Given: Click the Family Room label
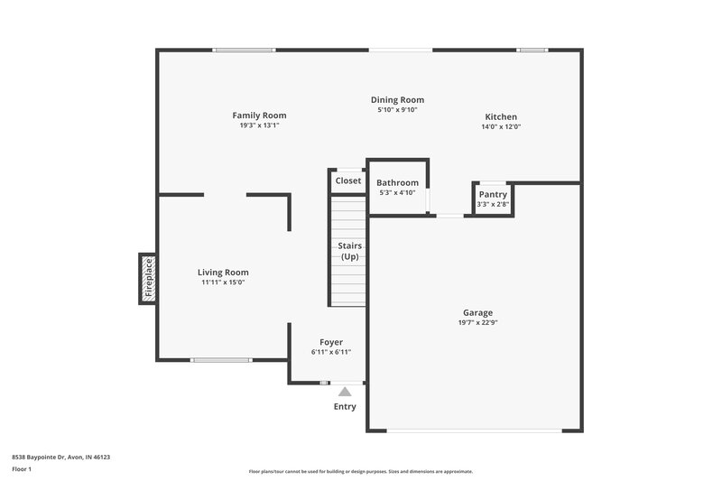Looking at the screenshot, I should [259, 116].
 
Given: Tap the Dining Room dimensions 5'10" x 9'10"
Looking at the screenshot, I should [397, 110].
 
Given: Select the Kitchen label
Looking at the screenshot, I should [501, 117].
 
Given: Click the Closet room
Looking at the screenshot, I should [347, 180].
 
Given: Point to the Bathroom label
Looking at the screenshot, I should [397, 182].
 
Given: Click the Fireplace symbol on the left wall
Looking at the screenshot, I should [148, 279].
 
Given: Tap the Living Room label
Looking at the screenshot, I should [223, 273].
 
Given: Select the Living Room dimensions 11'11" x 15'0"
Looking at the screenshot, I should [223, 282].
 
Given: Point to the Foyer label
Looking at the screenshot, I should [331, 342].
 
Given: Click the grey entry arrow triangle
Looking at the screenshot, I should [344, 392].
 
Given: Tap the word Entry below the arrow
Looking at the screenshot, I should [345, 407].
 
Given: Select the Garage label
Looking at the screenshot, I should [477, 313].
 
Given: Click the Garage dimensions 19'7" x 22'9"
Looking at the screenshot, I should [477, 323].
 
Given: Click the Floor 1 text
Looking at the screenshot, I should [22, 470].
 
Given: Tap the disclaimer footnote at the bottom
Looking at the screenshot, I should [360, 471].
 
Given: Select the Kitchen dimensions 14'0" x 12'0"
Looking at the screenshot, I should [501, 127].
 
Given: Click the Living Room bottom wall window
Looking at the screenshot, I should [221, 360].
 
